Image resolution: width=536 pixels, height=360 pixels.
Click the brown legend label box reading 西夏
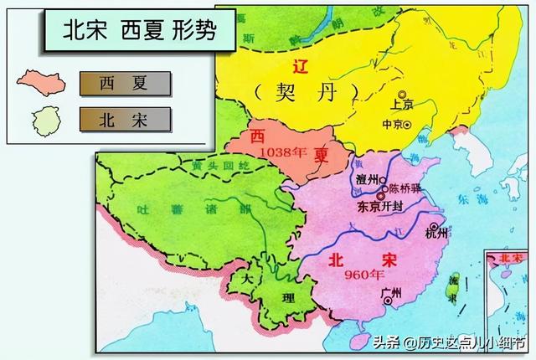(x=125, y=82)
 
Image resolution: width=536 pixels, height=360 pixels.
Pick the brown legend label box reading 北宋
(x=125, y=119)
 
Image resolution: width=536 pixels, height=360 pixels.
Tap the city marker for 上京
(x=403, y=95)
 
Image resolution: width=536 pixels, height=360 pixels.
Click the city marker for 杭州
(x=433, y=227)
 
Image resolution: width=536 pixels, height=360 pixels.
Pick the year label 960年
(x=345, y=274)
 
